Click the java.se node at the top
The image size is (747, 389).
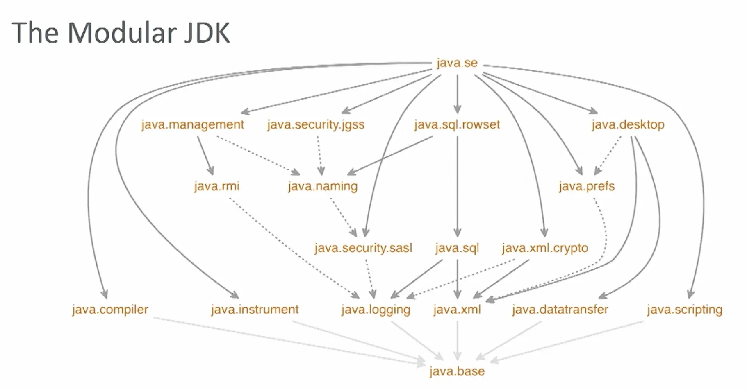[457, 63]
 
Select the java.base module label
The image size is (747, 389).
[457, 371]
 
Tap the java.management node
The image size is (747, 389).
[192, 124]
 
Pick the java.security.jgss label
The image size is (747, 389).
[316, 124]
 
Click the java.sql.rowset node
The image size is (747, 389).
[457, 124]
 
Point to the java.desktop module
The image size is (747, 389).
[628, 124]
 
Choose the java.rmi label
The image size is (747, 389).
[216, 186]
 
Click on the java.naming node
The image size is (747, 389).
[323, 186]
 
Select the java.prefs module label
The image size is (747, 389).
[586, 186]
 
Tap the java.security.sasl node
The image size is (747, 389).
[363, 248]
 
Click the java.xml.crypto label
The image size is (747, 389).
[545, 248]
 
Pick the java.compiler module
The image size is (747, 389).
[110, 310]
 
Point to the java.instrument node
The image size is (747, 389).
[255, 310]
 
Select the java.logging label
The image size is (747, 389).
[376, 310]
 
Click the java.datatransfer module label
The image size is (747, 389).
[560, 310]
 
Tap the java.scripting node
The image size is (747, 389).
[684, 310]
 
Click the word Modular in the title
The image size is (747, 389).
[122, 33]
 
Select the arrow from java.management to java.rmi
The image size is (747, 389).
[205, 156]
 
